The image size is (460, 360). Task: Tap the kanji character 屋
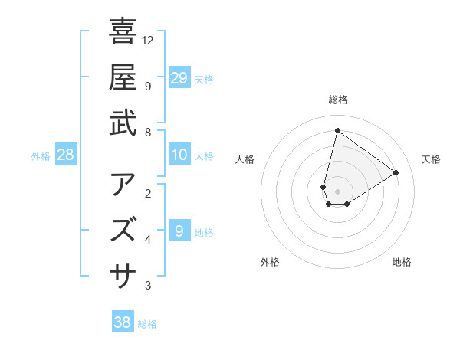pyautogui.click(x=123, y=77)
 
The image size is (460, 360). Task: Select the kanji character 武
pyautogui.click(x=123, y=123)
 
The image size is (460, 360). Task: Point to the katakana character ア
pyautogui.click(x=123, y=184)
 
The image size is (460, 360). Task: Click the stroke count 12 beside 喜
pyautogui.click(x=148, y=40)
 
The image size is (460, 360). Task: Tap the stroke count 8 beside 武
pyautogui.click(x=148, y=132)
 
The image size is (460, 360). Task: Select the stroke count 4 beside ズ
pyautogui.click(x=148, y=240)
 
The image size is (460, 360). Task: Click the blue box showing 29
pyautogui.click(x=179, y=77)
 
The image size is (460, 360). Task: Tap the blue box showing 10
pyautogui.click(x=179, y=155)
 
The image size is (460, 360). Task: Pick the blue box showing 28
pyautogui.click(x=65, y=155)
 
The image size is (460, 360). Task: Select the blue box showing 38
pyautogui.click(x=123, y=322)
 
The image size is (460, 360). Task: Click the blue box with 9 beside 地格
pyautogui.click(x=179, y=231)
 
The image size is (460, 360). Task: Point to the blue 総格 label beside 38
pyautogui.click(x=147, y=324)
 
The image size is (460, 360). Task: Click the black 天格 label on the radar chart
pyautogui.click(x=431, y=159)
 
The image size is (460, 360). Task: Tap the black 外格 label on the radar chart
pyautogui.click(x=270, y=262)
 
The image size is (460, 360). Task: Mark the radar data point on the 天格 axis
pyautogui.click(x=396, y=172)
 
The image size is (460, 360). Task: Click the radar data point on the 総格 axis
pyautogui.click(x=337, y=130)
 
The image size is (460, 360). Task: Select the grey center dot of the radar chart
pyautogui.click(x=337, y=191)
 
